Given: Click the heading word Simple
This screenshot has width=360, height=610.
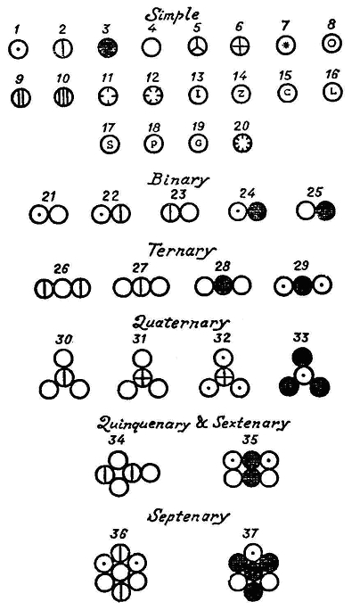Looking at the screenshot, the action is pyautogui.click(x=172, y=14).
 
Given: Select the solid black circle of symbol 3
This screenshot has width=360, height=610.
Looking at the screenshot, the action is pyautogui.click(x=108, y=48).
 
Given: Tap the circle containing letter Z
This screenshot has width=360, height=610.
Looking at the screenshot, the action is pyautogui.click(x=241, y=94).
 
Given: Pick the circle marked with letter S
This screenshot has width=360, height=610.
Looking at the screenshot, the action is pyautogui.click(x=110, y=144).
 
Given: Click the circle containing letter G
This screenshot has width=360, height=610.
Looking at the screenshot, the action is pyautogui.click(x=198, y=144).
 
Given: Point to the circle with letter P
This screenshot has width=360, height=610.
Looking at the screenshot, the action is pyautogui.click(x=154, y=144).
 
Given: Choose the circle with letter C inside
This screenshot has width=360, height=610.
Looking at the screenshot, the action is pyautogui.click(x=287, y=93).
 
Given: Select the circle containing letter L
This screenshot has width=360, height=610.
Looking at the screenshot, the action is pyautogui.click(x=332, y=92).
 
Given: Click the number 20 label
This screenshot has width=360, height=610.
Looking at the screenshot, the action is pyautogui.click(x=241, y=126).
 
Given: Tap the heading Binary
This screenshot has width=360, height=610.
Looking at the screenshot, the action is pyautogui.click(x=178, y=180).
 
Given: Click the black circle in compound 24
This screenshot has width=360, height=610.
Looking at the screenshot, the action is pyautogui.click(x=257, y=212).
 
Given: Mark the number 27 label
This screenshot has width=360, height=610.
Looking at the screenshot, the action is pyautogui.click(x=140, y=268).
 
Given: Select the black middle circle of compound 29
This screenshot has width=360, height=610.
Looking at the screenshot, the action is pyautogui.click(x=303, y=286).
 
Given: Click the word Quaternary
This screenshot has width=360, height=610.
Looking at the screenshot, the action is pyautogui.click(x=180, y=323).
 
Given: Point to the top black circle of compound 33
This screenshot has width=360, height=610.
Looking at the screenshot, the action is pyautogui.click(x=302, y=358).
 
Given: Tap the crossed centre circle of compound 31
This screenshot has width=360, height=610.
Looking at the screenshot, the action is pyautogui.click(x=143, y=377).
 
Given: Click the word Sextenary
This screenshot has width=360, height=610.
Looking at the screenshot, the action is pyautogui.click(x=250, y=424).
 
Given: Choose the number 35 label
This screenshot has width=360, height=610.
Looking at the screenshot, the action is pyautogui.click(x=250, y=440).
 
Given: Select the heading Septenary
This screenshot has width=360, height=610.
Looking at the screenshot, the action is pyautogui.click(x=188, y=516).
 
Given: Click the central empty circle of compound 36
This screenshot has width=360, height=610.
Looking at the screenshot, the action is pyautogui.click(x=121, y=573).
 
